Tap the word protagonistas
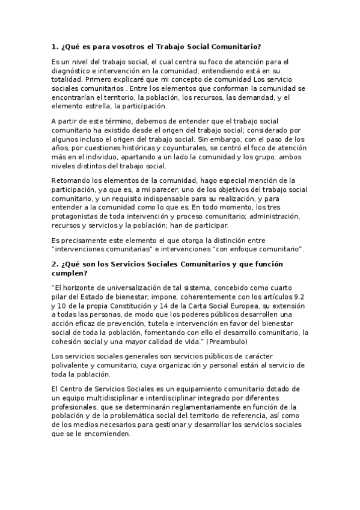click(x=76, y=215)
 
